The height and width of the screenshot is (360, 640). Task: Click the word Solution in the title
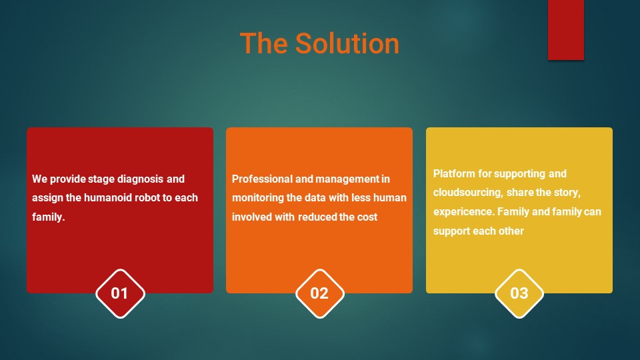(x=347, y=43)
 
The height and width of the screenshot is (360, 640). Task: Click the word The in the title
(x=264, y=43)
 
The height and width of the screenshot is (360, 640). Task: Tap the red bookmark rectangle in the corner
(x=566, y=30)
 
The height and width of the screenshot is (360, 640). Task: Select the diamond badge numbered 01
(x=120, y=293)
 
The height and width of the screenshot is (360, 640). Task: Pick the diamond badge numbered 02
(x=319, y=293)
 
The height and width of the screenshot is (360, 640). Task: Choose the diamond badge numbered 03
(x=519, y=293)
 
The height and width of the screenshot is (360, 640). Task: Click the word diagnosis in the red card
(x=141, y=179)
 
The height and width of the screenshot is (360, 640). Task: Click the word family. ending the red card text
(x=49, y=217)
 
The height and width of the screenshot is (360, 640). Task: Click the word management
(x=347, y=179)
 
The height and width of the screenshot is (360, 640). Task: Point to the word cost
(x=367, y=217)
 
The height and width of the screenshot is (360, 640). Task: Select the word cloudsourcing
(x=468, y=193)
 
